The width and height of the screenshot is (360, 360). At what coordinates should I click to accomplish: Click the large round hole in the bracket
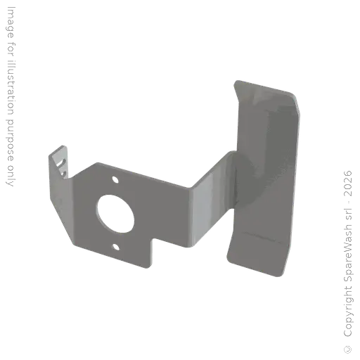116,214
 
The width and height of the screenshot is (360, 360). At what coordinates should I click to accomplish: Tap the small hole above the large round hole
115,180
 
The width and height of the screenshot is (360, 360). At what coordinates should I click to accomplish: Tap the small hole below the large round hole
116,247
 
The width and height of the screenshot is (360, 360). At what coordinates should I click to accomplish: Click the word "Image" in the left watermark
11,22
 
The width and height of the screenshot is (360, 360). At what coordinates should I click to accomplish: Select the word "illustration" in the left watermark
11,88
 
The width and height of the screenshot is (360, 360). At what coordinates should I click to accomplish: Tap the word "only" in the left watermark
11,176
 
